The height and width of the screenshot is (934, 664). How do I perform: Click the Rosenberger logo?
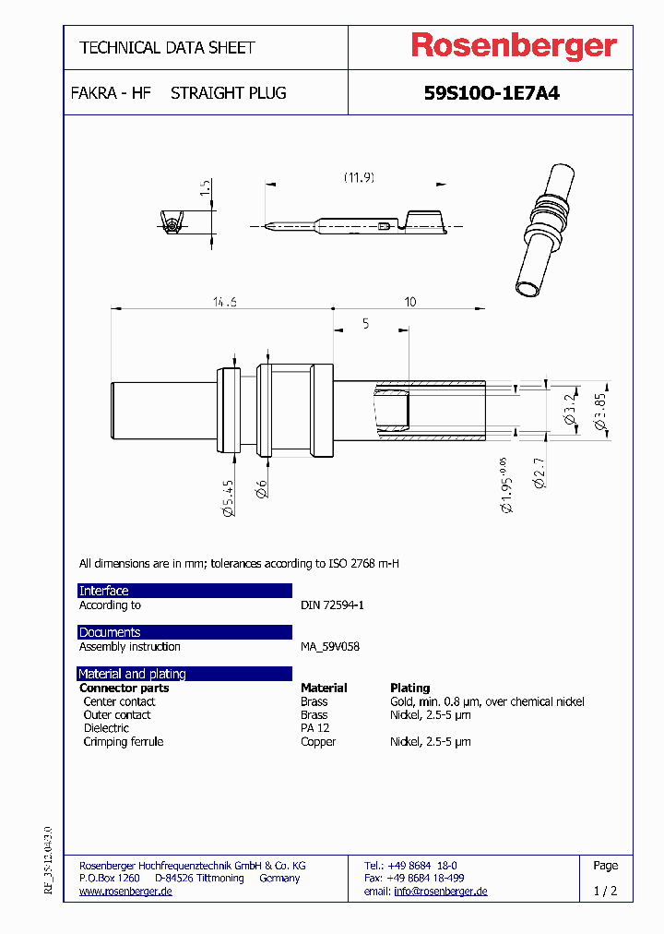pos(513,46)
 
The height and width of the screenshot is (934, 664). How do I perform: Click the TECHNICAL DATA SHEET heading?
pos(167,47)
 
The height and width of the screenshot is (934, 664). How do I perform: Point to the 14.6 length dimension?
pos(224,302)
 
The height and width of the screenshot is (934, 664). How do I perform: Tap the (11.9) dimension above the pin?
pos(359,176)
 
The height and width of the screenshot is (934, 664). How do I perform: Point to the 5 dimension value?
pos(365,323)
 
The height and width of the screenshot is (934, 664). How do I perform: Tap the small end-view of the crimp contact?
pos(172,223)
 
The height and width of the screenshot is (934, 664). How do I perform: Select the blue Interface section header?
pos(184,591)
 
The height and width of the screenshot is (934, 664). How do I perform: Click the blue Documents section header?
pos(184,632)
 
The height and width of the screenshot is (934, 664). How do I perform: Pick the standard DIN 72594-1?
pos(332,605)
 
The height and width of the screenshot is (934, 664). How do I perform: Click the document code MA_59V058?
pos(330,647)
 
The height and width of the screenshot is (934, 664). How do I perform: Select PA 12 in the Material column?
pos(314,728)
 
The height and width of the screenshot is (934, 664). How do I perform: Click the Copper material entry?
pos(318,742)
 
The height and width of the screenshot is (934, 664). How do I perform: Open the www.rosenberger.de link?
pos(125,892)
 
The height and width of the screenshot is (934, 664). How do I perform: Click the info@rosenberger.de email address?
pos(440,892)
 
